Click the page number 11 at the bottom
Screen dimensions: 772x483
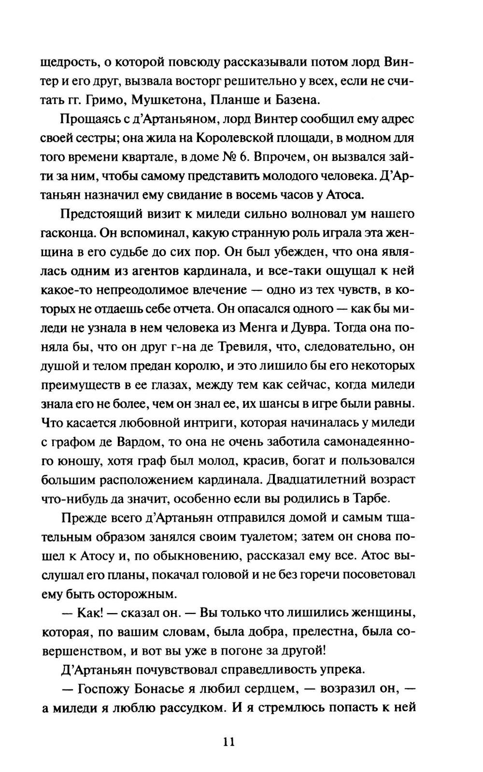point(228,741)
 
